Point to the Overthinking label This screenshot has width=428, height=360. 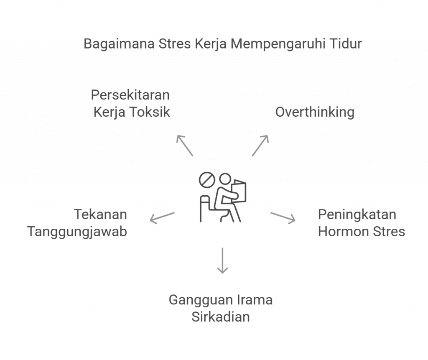pos(315,112)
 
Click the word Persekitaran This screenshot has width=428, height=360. pos(130,95)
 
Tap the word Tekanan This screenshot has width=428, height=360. pos(101,214)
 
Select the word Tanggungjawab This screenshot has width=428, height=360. pos(77,231)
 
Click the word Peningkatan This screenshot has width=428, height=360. pos(357,214)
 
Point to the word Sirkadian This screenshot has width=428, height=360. pos(221,317)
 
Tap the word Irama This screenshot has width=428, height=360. pos(255,300)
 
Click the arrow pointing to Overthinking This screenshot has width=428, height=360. pos(260,146)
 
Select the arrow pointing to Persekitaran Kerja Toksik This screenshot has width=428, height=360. pos(184,146)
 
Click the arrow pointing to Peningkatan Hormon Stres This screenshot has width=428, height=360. pos(283,217)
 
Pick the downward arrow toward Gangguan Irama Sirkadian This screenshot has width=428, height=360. pos(223,260)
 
